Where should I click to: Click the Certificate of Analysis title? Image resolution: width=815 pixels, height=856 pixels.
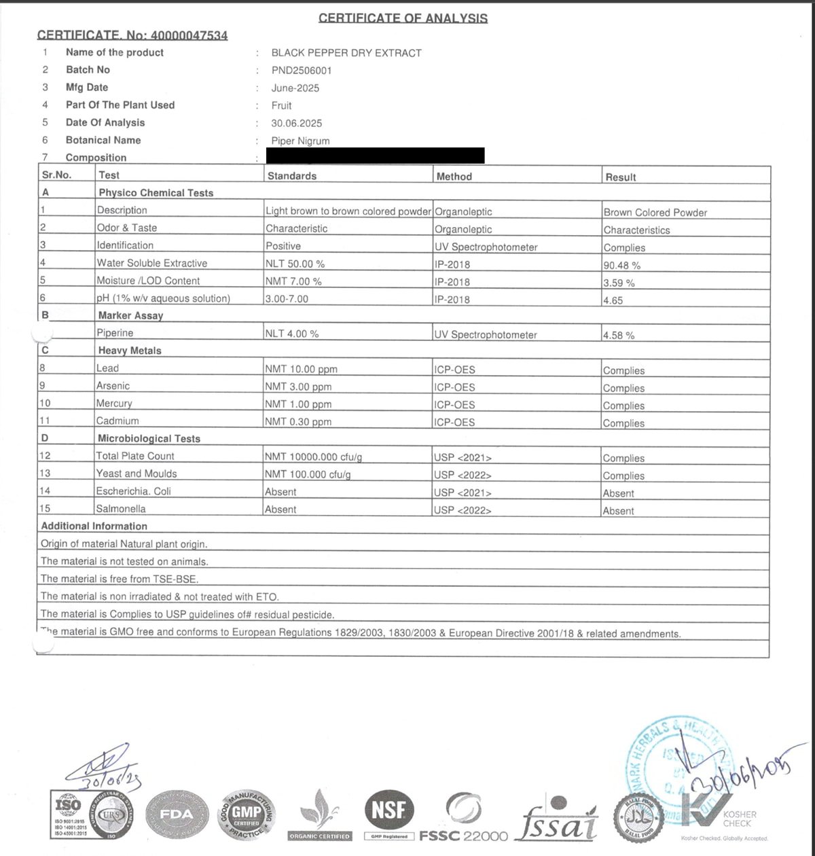coord(403,18)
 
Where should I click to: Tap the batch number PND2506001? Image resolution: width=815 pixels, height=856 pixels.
coord(302,71)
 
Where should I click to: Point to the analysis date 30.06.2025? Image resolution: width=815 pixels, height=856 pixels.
coord(296,124)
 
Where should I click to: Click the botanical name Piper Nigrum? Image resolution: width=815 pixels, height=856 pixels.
coord(300,141)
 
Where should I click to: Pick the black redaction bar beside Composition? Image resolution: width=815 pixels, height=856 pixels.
coord(376,156)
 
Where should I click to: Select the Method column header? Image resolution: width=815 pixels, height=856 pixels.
coord(454,177)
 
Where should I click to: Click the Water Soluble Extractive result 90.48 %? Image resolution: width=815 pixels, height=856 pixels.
coord(621,266)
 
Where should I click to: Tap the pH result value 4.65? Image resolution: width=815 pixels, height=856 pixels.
coord(613,300)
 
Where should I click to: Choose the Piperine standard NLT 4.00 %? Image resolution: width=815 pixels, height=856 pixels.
coord(291,334)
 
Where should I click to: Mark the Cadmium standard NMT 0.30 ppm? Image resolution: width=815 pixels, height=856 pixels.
coord(298,422)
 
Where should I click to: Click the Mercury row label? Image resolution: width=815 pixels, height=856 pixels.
coord(113,404)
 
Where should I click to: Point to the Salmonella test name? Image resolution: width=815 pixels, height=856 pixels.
coord(120,509)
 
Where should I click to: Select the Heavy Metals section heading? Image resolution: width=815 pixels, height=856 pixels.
coord(130,351)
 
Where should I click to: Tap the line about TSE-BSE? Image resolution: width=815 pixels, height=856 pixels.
coord(120,579)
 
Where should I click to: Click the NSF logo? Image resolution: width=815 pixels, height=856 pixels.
coord(390,810)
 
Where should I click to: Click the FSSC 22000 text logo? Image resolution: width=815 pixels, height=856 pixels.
coord(463,836)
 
